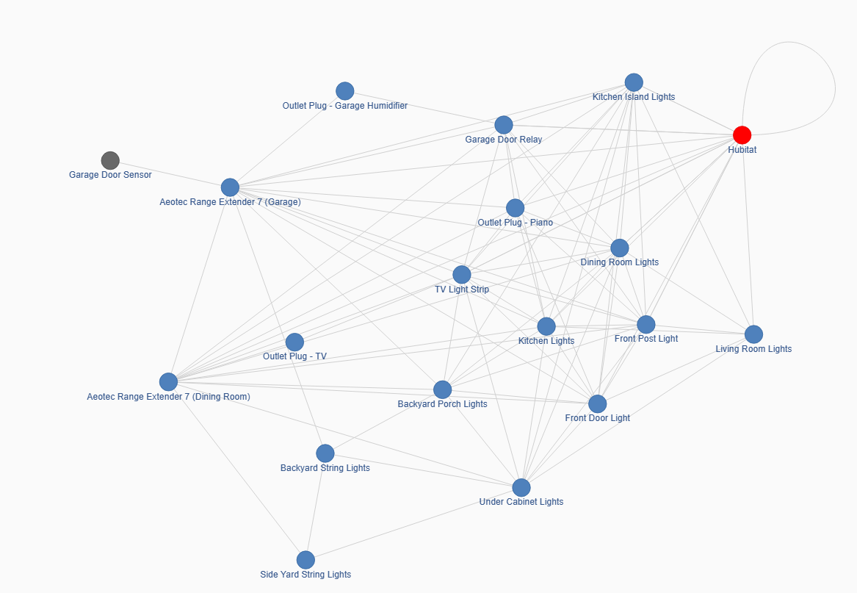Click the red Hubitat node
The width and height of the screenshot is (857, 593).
click(x=742, y=134)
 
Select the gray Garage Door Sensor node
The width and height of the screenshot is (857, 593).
click(x=110, y=160)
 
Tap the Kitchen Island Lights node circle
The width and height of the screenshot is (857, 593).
click(x=634, y=82)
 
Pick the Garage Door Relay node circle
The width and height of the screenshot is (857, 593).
click(x=503, y=125)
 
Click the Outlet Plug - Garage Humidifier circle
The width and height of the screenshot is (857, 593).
click(x=345, y=91)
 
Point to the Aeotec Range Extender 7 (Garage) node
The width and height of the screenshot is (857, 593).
click(x=230, y=187)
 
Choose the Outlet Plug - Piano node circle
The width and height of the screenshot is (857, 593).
click(x=515, y=208)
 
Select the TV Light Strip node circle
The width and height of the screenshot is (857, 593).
click(x=462, y=275)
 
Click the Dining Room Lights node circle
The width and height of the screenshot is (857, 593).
click(x=619, y=248)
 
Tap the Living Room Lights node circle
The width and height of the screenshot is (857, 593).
click(x=753, y=334)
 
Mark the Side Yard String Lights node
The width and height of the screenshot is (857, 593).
click(x=305, y=560)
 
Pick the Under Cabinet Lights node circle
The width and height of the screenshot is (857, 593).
click(x=521, y=487)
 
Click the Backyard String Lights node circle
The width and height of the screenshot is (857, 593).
click(x=325, y=453)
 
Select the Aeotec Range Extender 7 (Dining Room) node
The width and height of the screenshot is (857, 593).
click(x=168, y=382)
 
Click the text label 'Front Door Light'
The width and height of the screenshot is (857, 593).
click(x=597, y=418)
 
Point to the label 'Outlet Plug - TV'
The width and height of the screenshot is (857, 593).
click(x=294, y=356)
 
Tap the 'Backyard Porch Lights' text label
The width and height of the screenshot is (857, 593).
click(x=442, y=404)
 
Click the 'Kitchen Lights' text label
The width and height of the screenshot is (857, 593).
click(x=546, y=341)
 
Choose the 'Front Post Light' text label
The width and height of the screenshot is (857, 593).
click(x=646, y=339)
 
